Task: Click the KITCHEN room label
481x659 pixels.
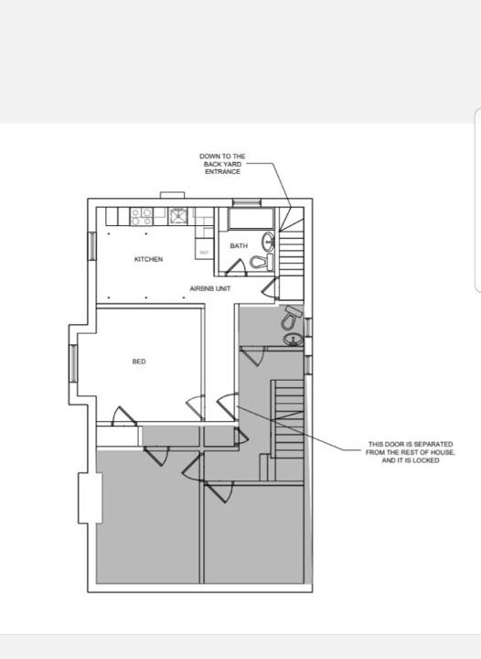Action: pos(148,259)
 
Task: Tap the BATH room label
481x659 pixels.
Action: pos(239,246)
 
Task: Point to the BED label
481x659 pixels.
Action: pos(139,362)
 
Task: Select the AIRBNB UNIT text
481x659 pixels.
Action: pos(209,288)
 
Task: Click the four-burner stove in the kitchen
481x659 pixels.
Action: pos(142,217)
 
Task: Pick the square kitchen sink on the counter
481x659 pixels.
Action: pos(178,216)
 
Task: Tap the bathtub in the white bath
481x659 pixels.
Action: pos(251,219)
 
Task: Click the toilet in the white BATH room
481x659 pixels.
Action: pos(261,263)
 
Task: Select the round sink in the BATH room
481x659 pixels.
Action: pos(268,241)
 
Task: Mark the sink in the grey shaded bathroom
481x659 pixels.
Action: pos(294,339)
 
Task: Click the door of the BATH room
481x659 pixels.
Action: pos(236,267)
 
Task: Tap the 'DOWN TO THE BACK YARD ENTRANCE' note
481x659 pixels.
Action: pos(222,164)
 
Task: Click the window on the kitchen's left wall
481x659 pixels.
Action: pos(91,246)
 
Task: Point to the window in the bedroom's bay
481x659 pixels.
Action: pos(73,363)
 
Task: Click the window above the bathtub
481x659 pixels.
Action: pos(247,203)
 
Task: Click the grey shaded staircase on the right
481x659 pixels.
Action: pos(287,419)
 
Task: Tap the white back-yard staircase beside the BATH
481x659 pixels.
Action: pos(292,248)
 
